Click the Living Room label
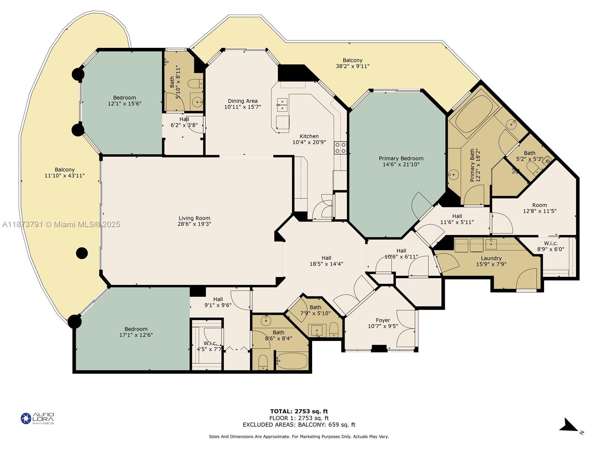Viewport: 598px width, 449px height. [194, 218]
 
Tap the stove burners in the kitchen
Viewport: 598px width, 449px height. [340, 148]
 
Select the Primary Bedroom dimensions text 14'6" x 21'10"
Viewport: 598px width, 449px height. [401, 164]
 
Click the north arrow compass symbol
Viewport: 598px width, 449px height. [569, 425]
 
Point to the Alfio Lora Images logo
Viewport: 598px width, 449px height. [37, 418]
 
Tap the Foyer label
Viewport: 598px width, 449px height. [383, 320]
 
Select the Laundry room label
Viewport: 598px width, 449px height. [491, 258]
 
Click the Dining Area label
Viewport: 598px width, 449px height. [243, 101]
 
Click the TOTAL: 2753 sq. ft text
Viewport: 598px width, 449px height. [299, 411]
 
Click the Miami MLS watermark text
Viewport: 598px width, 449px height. [61, 224]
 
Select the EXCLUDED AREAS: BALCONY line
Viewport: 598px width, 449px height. [299, 425]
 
